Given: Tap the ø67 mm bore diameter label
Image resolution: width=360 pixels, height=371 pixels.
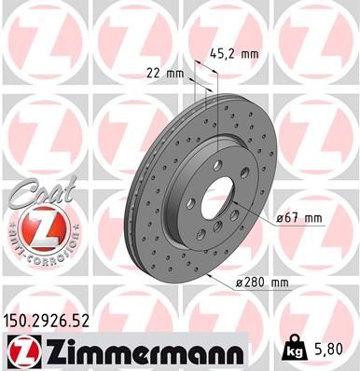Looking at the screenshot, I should point(299,218).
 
